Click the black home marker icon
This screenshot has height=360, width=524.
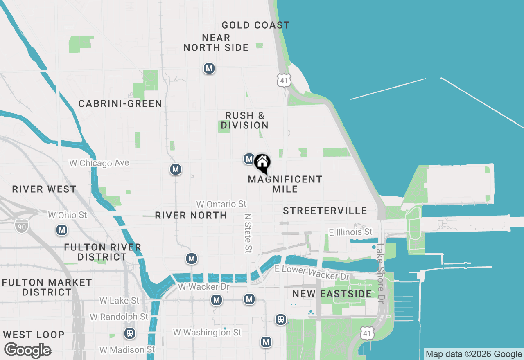[262, 163]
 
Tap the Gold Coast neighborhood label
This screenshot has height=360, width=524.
[255, 25]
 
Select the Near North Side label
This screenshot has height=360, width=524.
[216, 43]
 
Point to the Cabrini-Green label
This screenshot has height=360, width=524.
[120, 103]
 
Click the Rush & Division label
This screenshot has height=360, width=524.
[245, 120]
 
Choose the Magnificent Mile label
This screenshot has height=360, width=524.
[285, 184]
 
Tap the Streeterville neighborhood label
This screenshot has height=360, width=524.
[325, 211]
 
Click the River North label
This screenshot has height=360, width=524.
[191, 215]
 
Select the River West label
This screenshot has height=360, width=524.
[44, 189]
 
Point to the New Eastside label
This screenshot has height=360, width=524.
[332, 294]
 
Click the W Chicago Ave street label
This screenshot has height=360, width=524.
[99, 163]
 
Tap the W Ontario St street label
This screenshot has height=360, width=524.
[221, 204]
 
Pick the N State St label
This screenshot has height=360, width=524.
[248, 232]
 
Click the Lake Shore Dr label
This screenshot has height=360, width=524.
[381, 273]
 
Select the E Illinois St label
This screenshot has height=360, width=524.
[351, 232]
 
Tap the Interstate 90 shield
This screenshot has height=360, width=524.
[21, 225]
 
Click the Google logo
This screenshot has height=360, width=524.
[27, 350]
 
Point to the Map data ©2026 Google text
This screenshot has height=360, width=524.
[474, 354]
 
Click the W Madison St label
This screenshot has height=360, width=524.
[128, 349]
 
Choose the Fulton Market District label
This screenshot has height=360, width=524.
[47, 287]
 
